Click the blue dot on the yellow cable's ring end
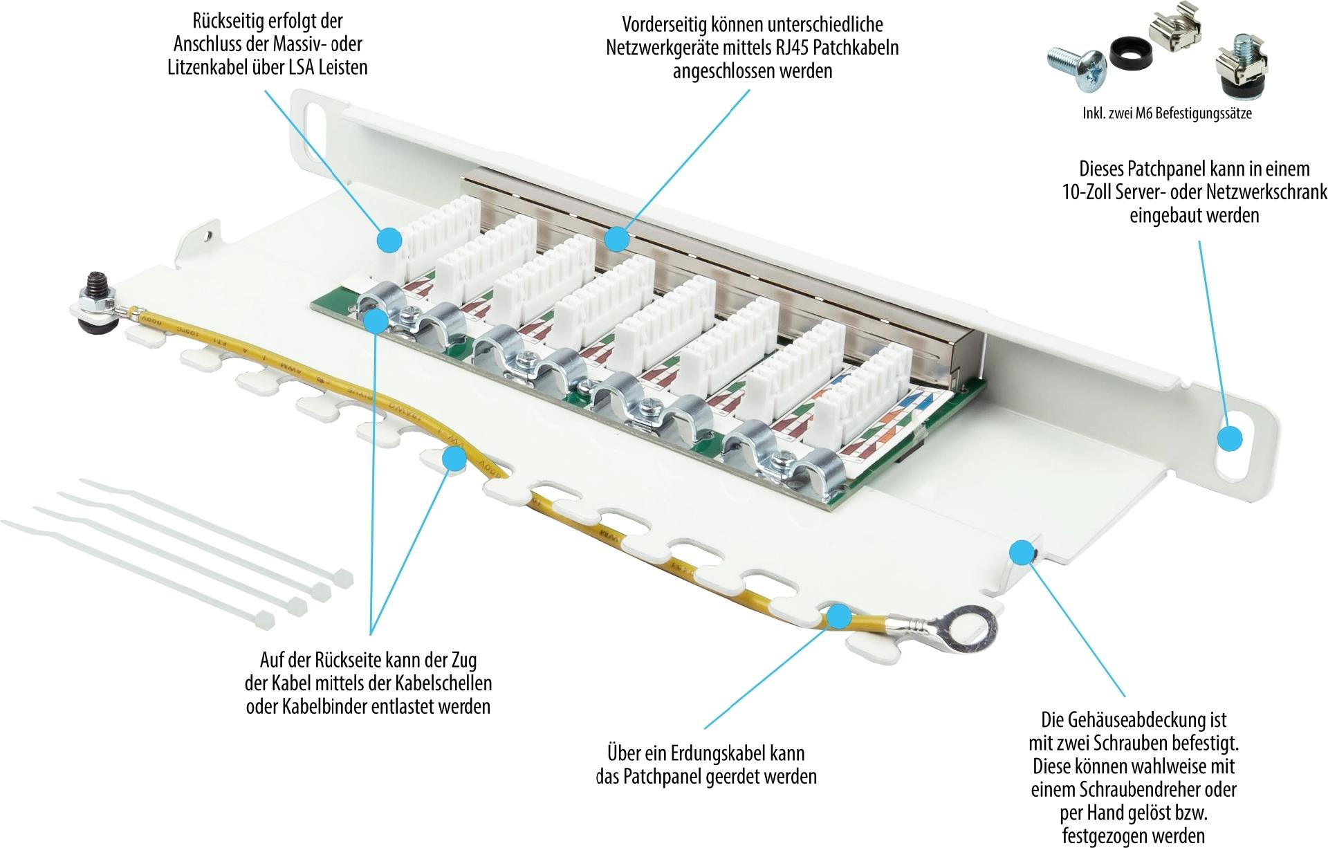pyautogui.click(x=839, y=616)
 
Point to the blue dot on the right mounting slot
pyautogui.click(x=1229, y=439)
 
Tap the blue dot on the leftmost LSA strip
pyautogui.click(x=389, y=239)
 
